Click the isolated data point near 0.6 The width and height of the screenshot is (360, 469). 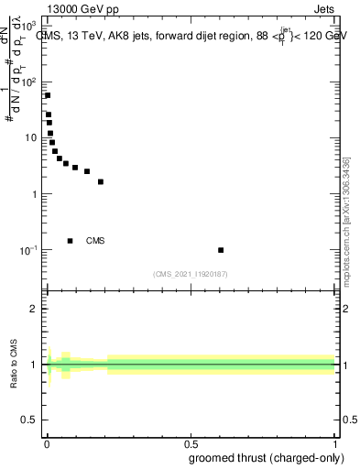point(221,250)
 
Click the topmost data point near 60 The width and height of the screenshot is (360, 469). point(48,95)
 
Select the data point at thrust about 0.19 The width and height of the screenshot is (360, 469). point(101,181)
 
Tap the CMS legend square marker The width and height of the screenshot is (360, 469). point(71,241)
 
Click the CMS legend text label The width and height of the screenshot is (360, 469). point(95,241)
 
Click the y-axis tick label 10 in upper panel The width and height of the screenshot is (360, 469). point(30,137)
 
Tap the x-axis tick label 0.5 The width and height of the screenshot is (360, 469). point(191,442)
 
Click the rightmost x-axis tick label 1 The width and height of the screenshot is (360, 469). point(334,442)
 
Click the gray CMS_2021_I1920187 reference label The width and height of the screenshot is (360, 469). point(191,273)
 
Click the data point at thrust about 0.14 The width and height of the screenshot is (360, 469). point(87,171)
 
